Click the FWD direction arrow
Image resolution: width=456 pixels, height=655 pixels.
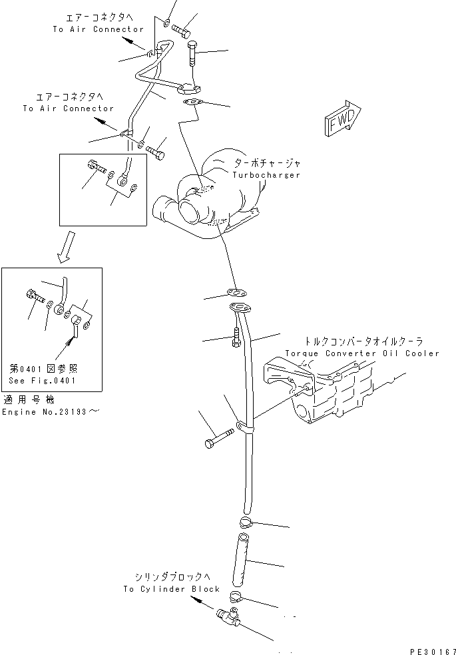point(343,119)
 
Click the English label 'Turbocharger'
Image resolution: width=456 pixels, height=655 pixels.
point(266,175)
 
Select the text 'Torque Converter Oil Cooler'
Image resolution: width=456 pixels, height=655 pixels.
point(362,353)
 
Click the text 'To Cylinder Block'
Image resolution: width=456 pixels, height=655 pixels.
point(171,589)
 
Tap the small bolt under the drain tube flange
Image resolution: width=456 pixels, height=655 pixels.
point(237,338)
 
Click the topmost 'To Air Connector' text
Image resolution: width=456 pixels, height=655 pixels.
point(99,29)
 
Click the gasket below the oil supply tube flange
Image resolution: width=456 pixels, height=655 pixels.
point(193,102)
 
